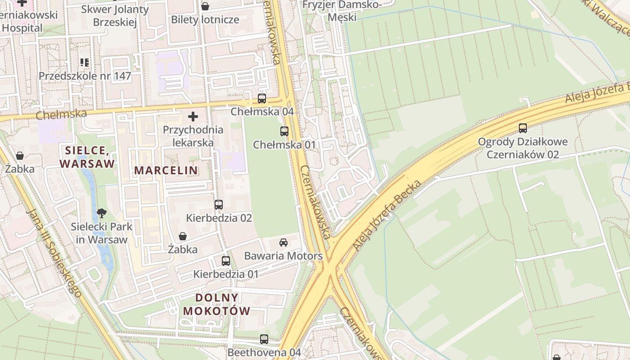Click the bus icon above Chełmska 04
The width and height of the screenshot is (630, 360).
point(261,98)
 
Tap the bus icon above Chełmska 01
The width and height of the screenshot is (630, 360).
point(284,131)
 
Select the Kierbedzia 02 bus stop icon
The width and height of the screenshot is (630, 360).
point(219,205)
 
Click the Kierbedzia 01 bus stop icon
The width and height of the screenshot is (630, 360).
point(226,261)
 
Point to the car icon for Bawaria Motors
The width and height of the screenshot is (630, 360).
point(283,243)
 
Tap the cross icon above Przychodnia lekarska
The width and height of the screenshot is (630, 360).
point(193,117)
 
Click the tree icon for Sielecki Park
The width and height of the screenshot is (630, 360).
point(102,213)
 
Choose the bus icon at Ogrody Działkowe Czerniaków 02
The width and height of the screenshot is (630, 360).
point(522,128)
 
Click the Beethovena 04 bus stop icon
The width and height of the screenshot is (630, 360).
point(264,339)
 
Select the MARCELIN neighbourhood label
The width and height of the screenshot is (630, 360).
point(166,170)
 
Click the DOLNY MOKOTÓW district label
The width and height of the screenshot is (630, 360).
point(216,304)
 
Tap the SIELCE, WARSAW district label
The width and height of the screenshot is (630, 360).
point(87,157)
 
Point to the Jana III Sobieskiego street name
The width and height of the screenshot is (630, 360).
point(54,252)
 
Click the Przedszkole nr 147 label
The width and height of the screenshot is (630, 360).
point(85,76)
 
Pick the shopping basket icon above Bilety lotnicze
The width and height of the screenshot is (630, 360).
point(205,6)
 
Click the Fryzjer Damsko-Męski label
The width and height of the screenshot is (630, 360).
point(342,11)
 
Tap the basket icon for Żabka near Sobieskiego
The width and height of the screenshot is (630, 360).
point(20,156)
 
